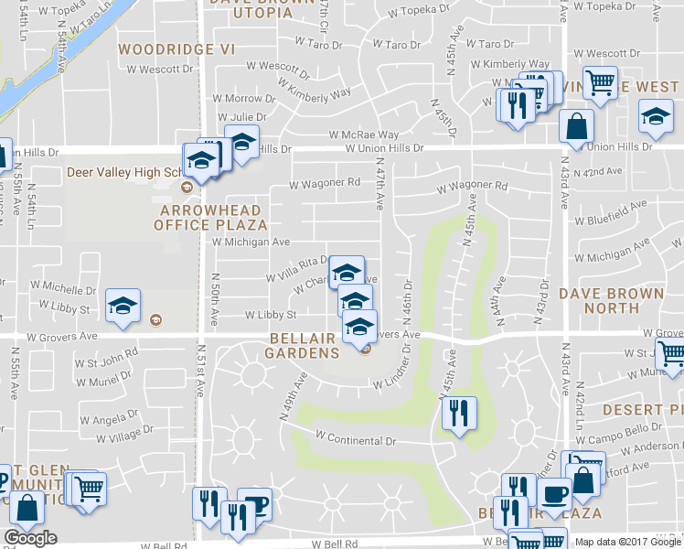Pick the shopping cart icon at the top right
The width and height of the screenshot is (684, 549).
pos(600,83)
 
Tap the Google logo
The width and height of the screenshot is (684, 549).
pos(30,538)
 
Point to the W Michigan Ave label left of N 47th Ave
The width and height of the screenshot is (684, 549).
pos(251,242)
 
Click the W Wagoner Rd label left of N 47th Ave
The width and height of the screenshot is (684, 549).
pos(324,183)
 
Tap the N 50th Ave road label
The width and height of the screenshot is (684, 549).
pos(216,294)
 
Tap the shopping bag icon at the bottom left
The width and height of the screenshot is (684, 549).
pos(28,507)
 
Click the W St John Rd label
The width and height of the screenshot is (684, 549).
pos(106,350)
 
